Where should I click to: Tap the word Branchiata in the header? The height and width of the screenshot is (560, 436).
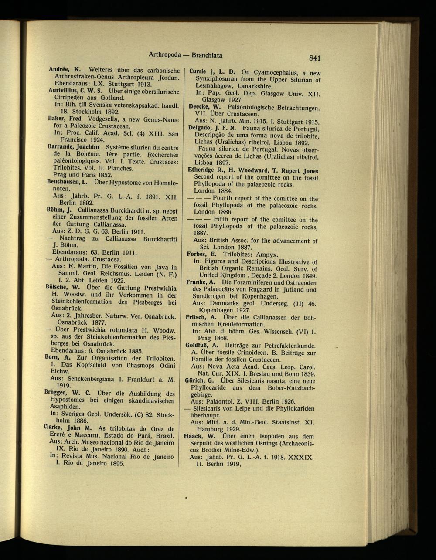tap(207, 55)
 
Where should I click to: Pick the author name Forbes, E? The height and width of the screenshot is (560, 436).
tap(201, 254)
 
